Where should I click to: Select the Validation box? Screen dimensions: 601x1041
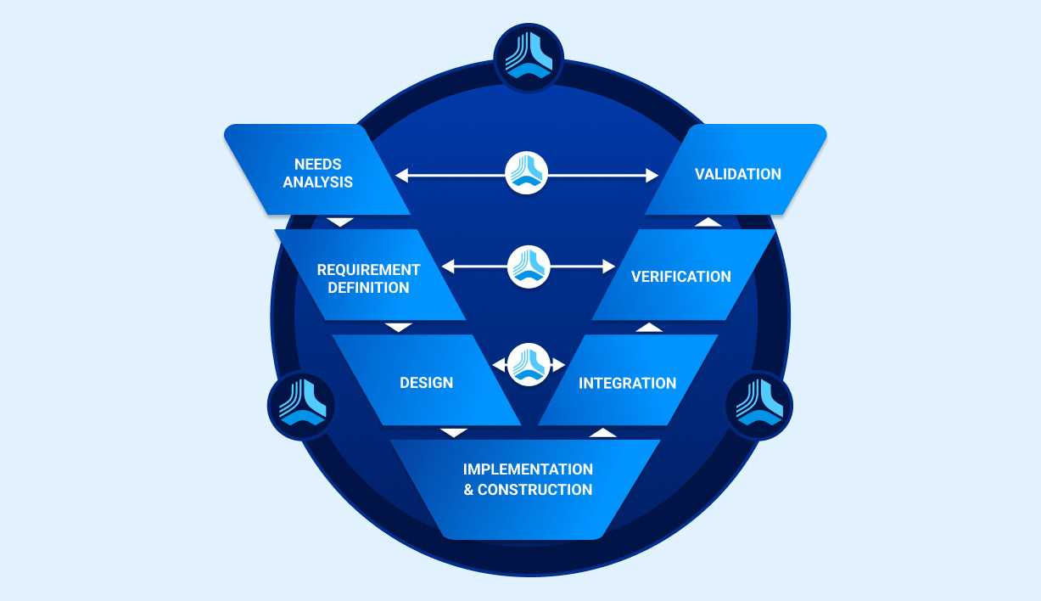(x=736, y=173)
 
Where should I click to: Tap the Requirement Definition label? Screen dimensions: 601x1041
(x=368, y=278)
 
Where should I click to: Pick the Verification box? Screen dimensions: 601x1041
(x=680, y=276)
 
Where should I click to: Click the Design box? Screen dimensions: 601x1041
(x=426, y=382)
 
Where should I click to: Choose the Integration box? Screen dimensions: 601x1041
(x=627, y=383)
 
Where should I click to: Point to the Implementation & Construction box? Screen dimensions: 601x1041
(x=527, y=480)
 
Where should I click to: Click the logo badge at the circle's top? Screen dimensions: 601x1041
(x=529, y=57)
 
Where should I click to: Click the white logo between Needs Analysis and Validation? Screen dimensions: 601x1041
(x=527, y=174)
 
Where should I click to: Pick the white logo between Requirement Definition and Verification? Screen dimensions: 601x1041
(x=529, y=267)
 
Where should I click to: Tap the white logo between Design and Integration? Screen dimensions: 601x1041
(x=529, y=364)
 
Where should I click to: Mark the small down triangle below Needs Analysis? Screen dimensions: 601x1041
(x=340, y=222)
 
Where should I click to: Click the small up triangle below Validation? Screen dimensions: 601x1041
(x=708, y=222)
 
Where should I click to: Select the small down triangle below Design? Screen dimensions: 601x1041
(x=455, y=433)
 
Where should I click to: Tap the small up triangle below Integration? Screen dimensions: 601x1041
(x=602, y=433)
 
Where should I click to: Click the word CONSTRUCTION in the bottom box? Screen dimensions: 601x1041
(x=534, y=490)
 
